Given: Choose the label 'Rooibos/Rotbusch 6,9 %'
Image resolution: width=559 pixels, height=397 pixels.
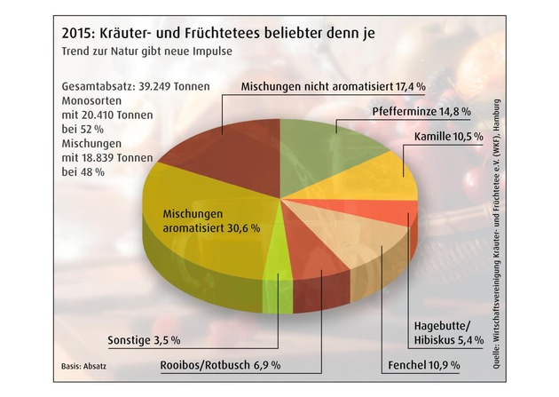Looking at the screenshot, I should coord(220,365).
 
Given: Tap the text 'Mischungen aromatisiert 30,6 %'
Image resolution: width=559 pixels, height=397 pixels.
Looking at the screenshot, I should coord(210,220).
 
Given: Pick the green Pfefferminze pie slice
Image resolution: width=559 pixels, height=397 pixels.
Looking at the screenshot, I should coord(319,142).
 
